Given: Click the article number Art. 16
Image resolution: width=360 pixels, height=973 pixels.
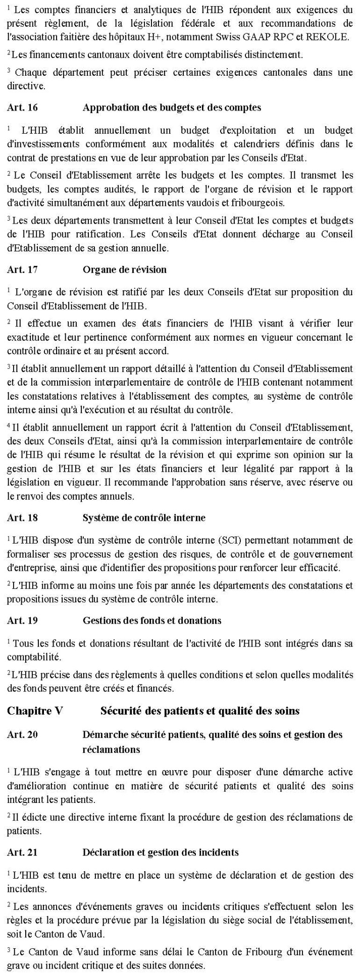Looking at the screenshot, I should (x=22, y=107).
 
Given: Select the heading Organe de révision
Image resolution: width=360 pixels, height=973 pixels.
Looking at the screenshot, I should (x=124, y=269).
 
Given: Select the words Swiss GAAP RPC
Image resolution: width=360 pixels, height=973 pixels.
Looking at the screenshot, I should (x=260, y=37).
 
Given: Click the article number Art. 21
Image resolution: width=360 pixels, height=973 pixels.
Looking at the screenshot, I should (x=22, y=852).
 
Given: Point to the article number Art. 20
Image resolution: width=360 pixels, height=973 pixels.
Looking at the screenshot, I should (x=22, y=735).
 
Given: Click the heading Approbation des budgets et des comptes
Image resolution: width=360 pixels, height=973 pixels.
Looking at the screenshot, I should (x=172, y=107).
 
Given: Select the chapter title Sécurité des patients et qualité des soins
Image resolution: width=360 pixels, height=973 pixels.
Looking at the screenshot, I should (x=200, y=711).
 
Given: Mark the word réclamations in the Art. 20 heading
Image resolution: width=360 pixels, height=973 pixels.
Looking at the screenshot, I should (x=111, y=749).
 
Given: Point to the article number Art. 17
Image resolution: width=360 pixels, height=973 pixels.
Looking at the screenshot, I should (x=22, y=269).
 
